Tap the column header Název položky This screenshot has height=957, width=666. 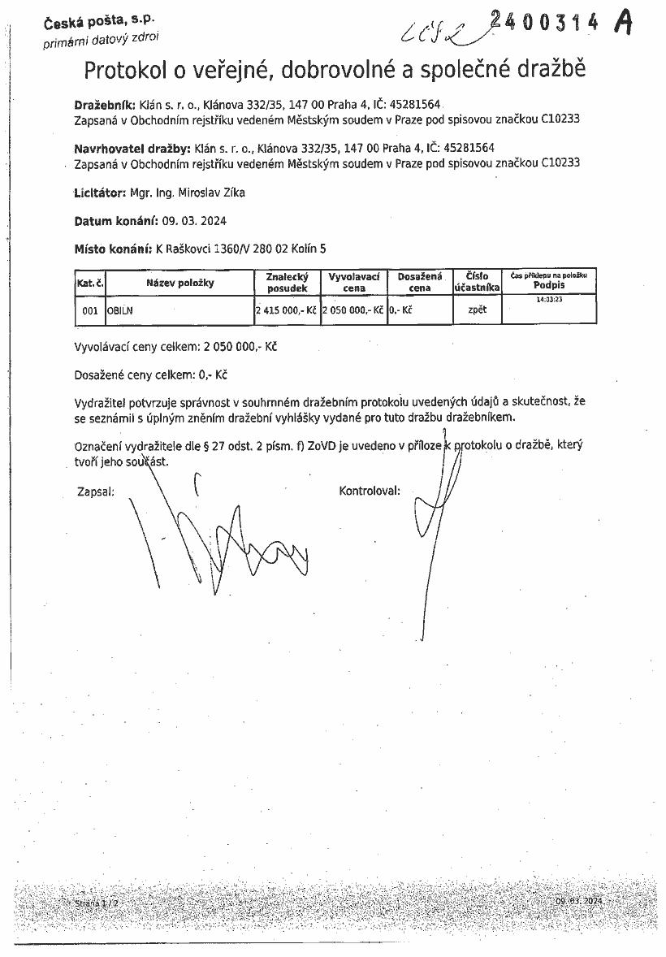click(179, 283)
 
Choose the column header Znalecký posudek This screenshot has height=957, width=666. click(287, 283)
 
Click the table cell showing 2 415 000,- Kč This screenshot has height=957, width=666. click(285, 310)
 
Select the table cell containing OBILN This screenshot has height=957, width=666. click(119, 310)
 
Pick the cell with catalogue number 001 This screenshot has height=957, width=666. click(90, 310)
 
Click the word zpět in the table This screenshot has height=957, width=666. click(478, 310)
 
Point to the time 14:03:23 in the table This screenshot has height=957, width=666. click(550, 300)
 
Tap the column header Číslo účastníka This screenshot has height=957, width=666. click(477, 282)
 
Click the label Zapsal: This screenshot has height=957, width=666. click(95, 491)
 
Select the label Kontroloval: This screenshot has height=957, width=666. click(370, 491)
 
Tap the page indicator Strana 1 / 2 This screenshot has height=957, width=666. click(97, 903)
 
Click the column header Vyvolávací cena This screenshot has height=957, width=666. click(354, 282)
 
